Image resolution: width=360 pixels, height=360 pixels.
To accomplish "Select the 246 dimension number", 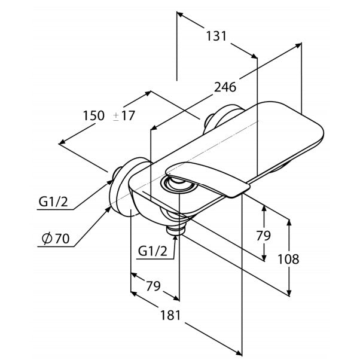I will (225, 87).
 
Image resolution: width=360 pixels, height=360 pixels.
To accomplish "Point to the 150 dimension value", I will (94, 116).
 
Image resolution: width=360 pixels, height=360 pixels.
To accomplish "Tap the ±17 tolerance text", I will (124, 116).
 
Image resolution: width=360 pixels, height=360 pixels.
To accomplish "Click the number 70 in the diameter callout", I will (61, 239).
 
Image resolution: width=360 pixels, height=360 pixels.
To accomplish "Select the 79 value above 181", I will (154, 286).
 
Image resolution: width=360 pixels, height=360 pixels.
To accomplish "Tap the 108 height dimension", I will (288, 259).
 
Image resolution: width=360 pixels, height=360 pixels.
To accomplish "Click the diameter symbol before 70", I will (44, 239).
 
